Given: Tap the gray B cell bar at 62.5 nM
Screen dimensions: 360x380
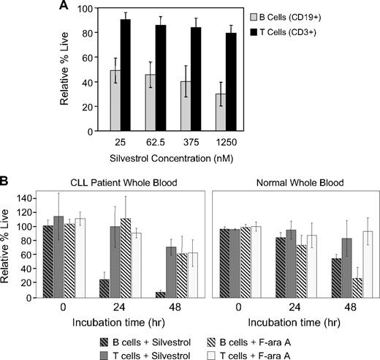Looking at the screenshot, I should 150,102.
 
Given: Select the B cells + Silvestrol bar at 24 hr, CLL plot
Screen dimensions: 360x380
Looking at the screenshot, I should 104,289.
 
